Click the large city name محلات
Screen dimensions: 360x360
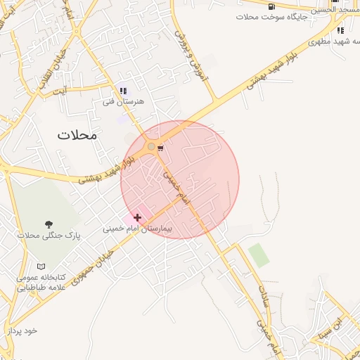78,134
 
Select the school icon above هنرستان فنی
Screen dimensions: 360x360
124,91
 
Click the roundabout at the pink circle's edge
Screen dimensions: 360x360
151,146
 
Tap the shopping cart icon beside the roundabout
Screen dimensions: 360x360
161,148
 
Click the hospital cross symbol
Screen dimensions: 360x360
136,218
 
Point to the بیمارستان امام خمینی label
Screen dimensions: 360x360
137,229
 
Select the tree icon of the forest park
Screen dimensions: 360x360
49,225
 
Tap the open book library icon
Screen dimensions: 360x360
41,266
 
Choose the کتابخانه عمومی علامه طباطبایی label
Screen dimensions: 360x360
41,282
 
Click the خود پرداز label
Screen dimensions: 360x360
22,330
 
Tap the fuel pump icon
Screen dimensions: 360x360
271,6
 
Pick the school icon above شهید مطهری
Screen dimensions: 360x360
340,30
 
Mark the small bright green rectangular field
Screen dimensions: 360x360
259,255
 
